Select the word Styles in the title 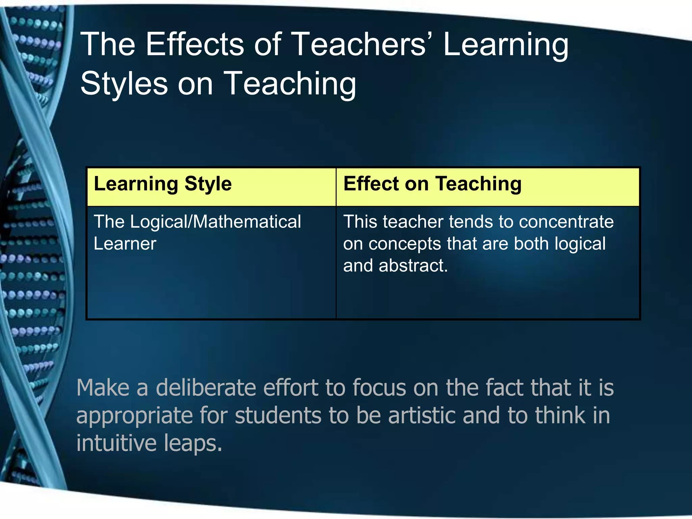(124, 83)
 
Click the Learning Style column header (163, 184)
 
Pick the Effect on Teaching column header (432, 184)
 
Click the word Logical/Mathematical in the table (216, 222)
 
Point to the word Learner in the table (125, 244)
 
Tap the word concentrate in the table (566, 222)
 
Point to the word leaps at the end (193, 444)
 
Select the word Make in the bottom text (103, 388)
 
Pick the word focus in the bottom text (379, 388)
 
